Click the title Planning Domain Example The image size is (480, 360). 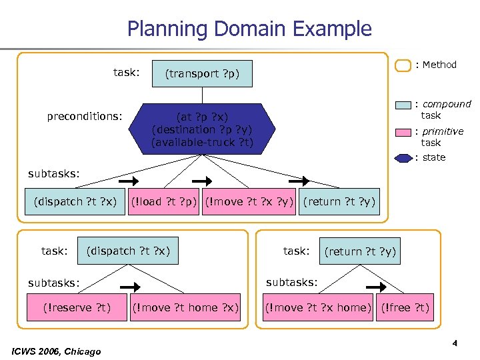pyautogui.click(x=249, y=29)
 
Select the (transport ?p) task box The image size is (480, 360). pyautogui.click(x=202, y=73)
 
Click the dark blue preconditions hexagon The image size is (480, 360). pyautogui.click(x=202, y=129)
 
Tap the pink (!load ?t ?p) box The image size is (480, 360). pyautogui.click(x=164, y=202)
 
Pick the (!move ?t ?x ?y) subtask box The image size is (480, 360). pyautogui.click(x=249, y=202)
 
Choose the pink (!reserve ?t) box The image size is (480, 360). pyautogui.click(x=76, y=307)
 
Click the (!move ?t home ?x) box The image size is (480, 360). pyautogui.click(x=185, y=307)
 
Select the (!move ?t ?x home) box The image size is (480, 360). pyautogui.click(x=317, y=307)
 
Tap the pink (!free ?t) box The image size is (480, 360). pyautogui.click(x=405, y=307)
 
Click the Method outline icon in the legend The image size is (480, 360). pyautogui.click(x=403, y=65)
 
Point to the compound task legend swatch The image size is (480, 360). pyautogui.click(x=403, y=105)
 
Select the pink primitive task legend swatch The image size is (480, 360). pyautogui.click(x=403, y=132)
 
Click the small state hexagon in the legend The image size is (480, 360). pyautogui.click(x=403, y=158)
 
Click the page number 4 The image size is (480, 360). pyautogui.click(x=454, y=344)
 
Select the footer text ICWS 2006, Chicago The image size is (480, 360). pyautogui.click(x=57, y=351)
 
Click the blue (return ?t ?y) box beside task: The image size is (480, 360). pyautogui.click(x=360, y=251)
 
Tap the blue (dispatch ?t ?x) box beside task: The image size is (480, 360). pyautogui.click(x=129, y=251)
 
